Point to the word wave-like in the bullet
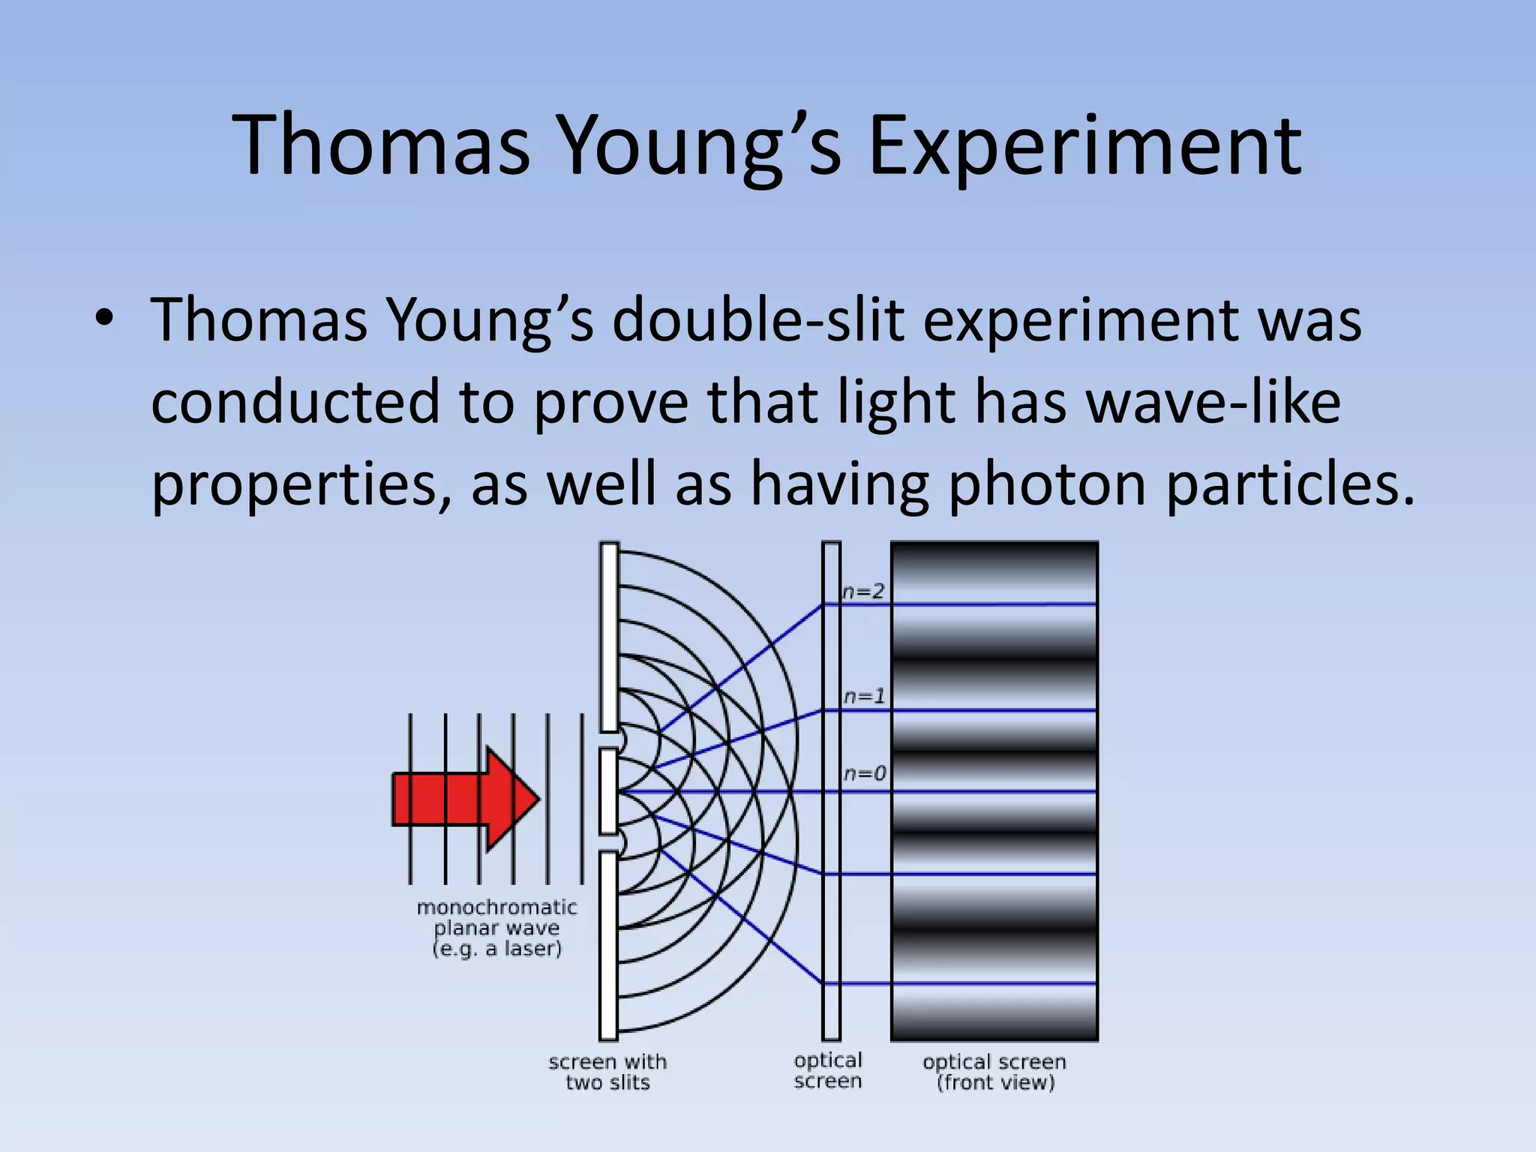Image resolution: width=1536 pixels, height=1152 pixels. coord(1213,402)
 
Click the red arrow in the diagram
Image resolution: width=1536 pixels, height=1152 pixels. coord(466,799)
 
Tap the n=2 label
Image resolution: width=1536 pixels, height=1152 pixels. coord(863,592)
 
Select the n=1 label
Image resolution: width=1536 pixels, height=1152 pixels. coord(864,697)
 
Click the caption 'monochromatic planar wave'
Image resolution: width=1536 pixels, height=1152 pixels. coord(497,918)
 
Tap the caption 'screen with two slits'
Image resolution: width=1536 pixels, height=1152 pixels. coord(607,1072)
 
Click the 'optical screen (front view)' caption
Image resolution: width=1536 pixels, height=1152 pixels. coord(994,1072)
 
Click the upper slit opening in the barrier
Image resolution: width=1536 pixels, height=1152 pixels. coord(610,740)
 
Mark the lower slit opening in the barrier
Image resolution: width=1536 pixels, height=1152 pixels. coord(610,843)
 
